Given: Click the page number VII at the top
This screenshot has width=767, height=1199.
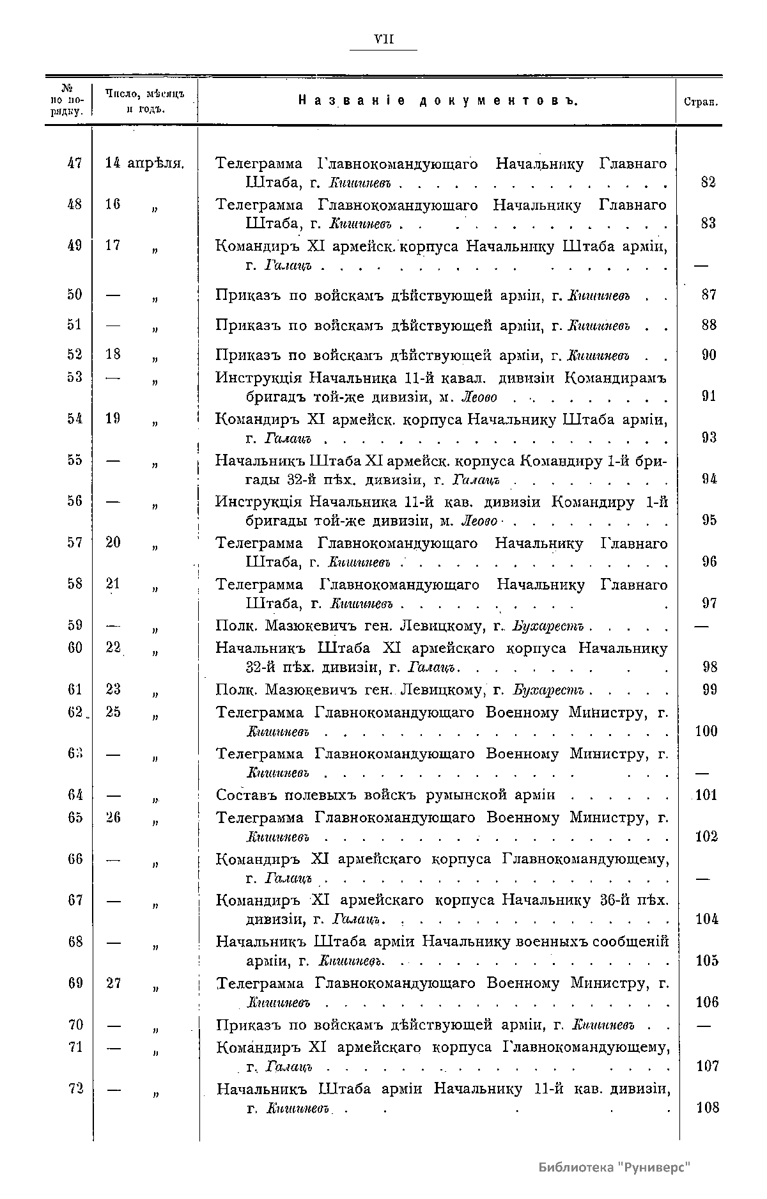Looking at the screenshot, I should click(383, 40).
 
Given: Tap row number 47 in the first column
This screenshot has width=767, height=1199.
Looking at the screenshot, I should click(75, 163).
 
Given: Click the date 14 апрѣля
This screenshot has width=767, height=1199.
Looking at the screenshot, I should click(144, 163).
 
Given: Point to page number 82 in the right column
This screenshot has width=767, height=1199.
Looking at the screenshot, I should click(708, 182).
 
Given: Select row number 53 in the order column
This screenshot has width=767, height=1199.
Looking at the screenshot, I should click(75, 377).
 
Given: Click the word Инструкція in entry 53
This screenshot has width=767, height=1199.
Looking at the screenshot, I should click(258, 377).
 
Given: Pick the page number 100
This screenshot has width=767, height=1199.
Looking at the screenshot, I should click(706, 731).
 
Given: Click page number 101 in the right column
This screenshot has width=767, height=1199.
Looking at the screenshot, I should click(706, 795).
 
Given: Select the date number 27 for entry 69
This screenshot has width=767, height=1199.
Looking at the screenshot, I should click(113, 983).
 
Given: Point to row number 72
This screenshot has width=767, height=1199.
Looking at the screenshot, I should click(75, 1088).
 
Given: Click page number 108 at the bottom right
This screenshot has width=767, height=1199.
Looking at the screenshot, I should click(708, 1108).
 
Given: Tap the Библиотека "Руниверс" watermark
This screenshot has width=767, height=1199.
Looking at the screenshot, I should click(615, 1166).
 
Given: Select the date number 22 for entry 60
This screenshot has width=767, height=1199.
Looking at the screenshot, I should click(113, 648).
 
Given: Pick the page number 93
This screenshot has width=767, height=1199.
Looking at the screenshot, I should click(708, 438).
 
